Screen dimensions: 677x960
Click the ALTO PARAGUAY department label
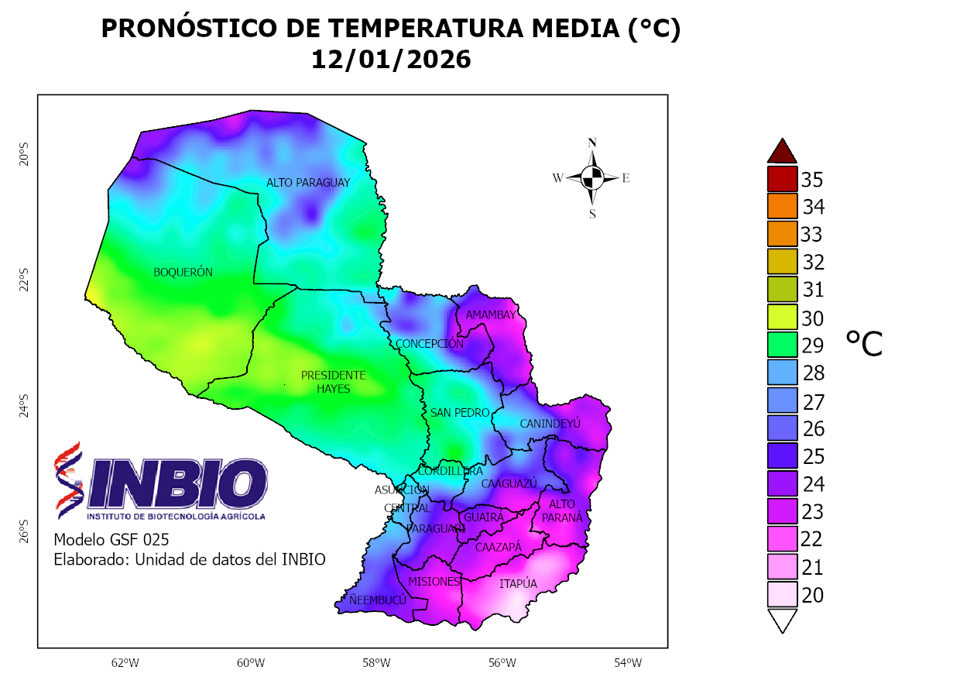308,183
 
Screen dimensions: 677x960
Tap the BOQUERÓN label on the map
183,272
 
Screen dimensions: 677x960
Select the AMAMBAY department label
490,315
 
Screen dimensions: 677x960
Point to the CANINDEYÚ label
550,424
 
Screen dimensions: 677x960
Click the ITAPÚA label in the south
518,584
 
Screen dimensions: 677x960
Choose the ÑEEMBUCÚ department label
377,600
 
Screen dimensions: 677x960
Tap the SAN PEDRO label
460,413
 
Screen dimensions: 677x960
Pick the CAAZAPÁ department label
498,548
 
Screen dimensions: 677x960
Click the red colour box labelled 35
782,179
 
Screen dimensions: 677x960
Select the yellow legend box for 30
782,318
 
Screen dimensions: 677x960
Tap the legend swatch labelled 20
782,594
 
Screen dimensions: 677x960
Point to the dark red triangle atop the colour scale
782,152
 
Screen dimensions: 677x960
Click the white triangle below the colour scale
782,620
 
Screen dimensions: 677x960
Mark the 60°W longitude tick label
251,663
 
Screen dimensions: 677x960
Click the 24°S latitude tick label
24,406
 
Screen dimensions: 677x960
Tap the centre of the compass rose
592,178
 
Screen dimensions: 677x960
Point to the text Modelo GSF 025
111,540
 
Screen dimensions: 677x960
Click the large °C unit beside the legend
863,343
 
